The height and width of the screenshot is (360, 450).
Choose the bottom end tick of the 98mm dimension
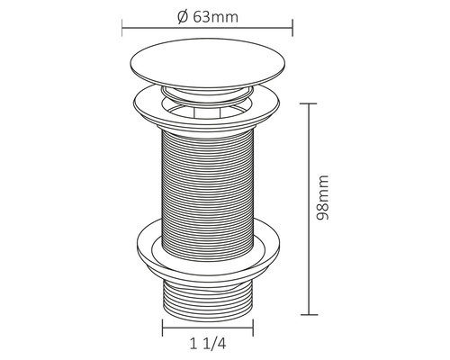(x=312, y=314)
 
